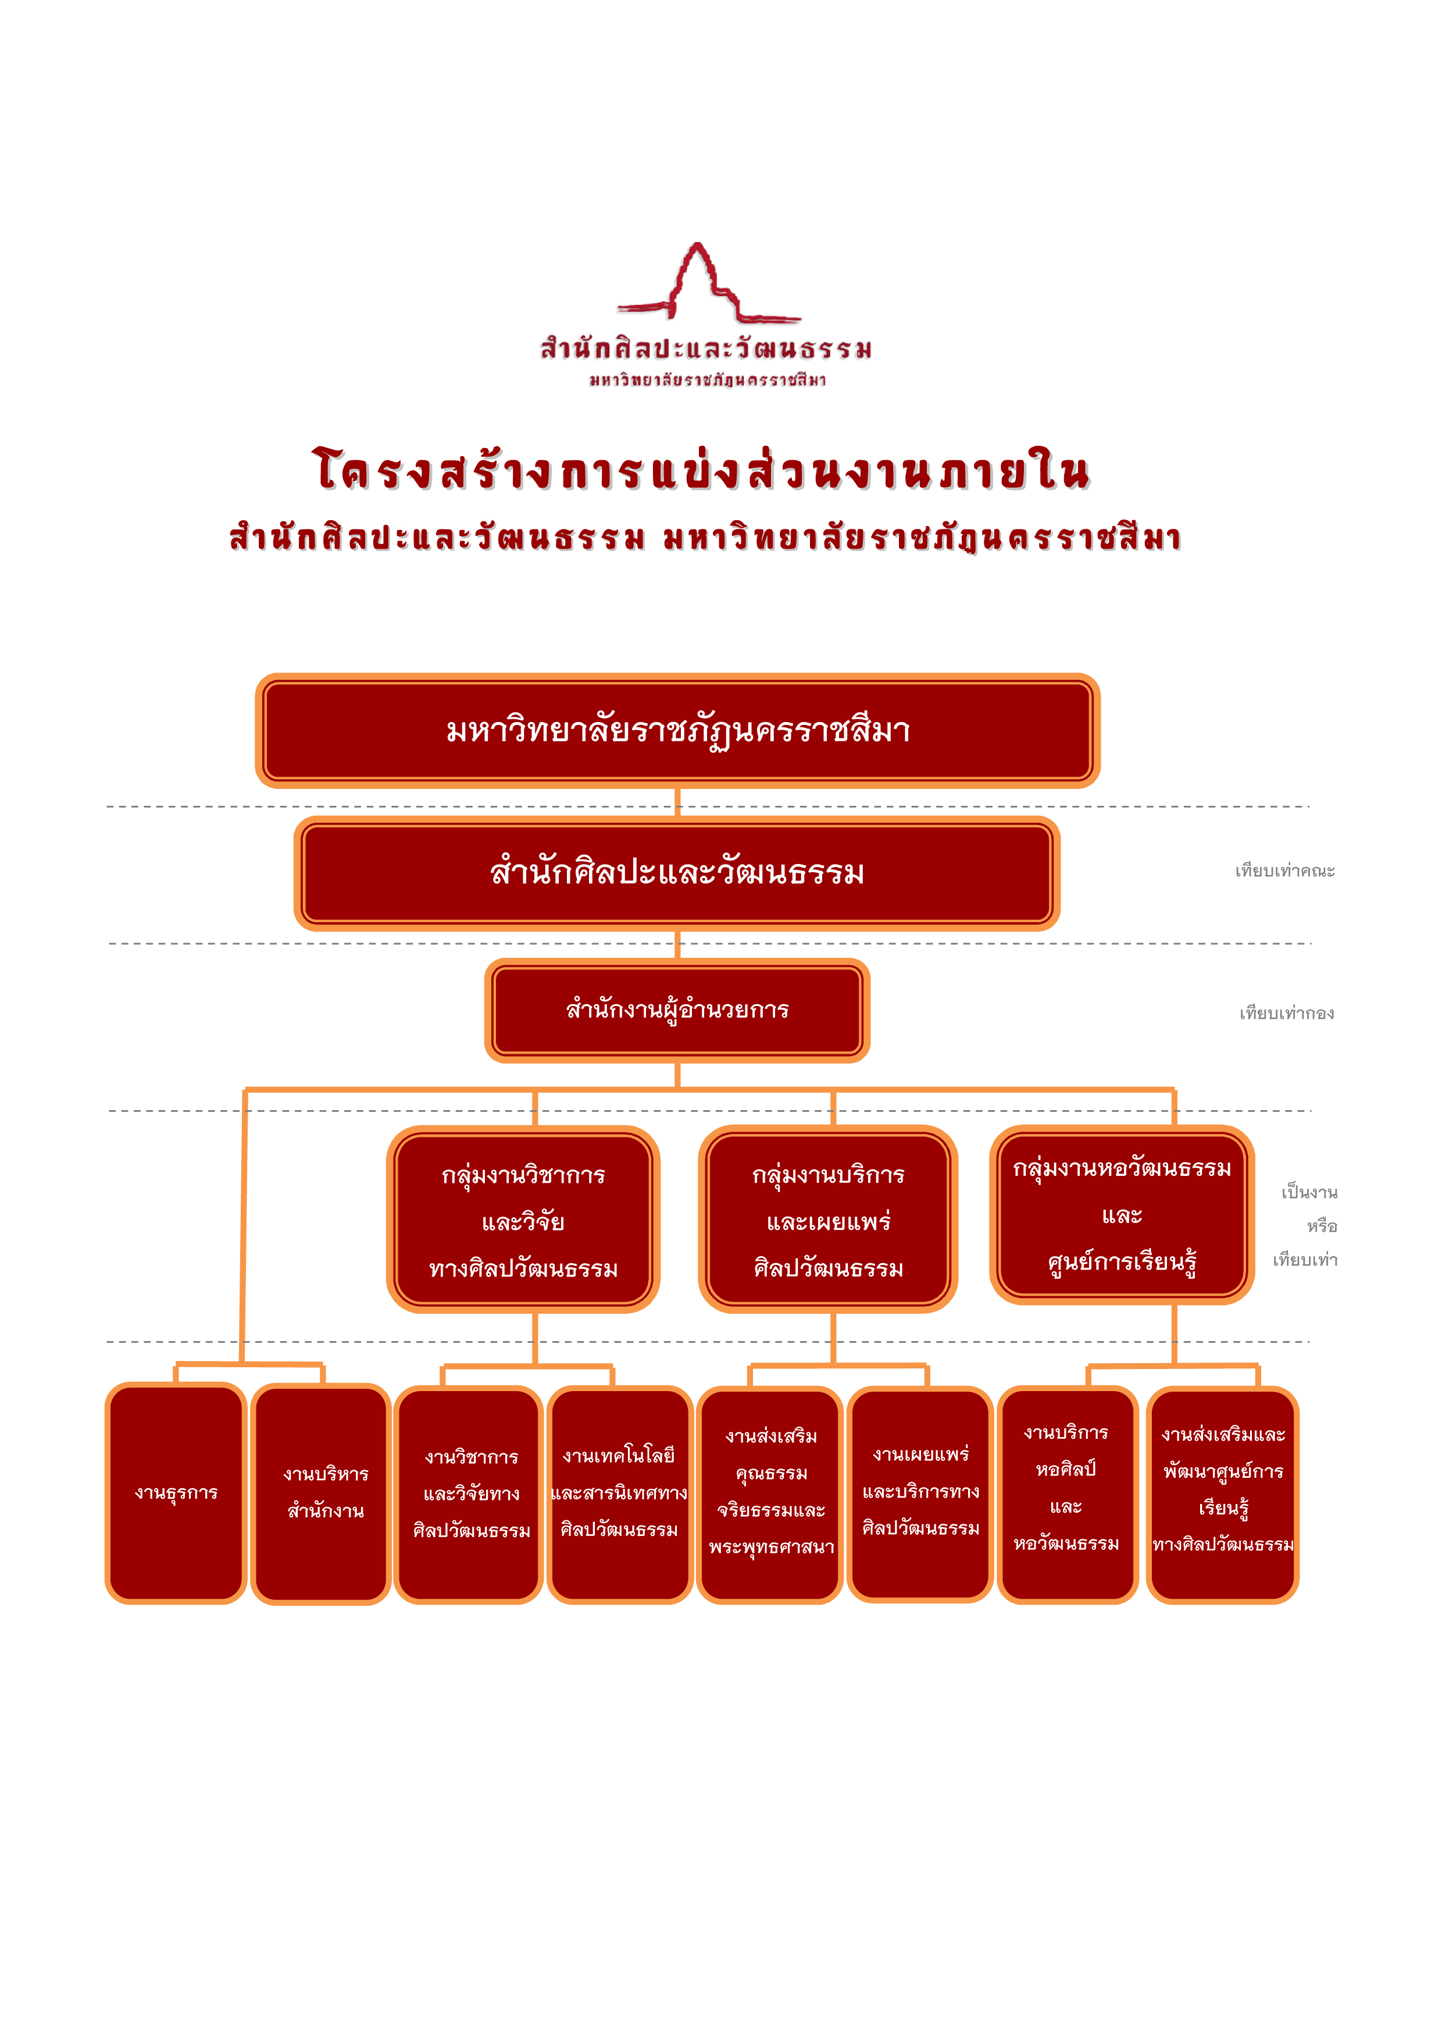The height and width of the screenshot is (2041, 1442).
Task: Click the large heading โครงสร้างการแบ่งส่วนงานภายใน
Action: pos(701,470)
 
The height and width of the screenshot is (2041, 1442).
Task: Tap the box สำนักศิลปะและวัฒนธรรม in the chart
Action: pos(677,873)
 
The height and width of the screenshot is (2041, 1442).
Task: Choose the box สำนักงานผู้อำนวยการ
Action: pos(677,1010)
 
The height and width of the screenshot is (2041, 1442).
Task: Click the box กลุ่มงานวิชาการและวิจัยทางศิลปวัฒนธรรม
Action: pos(523,1219)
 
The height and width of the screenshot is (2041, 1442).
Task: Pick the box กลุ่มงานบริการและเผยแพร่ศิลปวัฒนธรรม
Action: pos(828,1219)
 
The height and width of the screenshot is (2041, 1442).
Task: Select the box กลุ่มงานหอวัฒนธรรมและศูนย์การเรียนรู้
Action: pos(1122,1214)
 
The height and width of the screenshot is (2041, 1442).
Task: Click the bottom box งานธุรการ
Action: pos(176,1494)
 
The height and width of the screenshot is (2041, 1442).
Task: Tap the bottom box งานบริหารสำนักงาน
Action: pos(322,1494)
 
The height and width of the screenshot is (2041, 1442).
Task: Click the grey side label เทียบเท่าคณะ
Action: pos(1285,871)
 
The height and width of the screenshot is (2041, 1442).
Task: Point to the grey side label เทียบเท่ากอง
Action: pos(1287,1014)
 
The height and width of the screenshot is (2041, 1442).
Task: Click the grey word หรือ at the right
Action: pos(1322,1226)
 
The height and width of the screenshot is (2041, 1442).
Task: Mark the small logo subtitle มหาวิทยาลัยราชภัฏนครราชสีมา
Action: pos(708,381)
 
